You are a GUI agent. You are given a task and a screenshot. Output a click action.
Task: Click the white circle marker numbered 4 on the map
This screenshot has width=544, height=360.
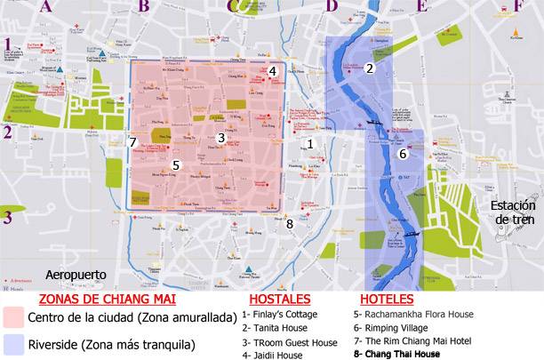[x=273, y=71]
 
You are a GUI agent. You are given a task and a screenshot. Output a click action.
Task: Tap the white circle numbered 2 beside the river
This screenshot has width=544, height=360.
[x=370, y=68]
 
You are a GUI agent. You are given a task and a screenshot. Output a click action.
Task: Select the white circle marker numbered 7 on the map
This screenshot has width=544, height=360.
[x=132, y=142]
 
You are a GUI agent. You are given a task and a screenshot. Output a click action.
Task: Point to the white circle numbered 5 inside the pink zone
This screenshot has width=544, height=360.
[x=176, y=165]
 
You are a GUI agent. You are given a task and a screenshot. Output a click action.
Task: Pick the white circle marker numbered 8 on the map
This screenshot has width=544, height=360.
[x=289, y=223]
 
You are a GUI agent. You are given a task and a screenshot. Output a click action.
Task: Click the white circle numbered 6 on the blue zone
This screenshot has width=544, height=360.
[x=402, y=154]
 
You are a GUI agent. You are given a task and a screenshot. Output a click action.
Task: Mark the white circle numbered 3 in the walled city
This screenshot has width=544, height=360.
[x=221, y=138]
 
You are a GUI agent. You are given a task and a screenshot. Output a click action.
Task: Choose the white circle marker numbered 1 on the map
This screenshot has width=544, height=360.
[x=310, y=143]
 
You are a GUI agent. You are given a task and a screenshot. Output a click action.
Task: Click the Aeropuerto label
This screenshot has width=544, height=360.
[x=76, y=275]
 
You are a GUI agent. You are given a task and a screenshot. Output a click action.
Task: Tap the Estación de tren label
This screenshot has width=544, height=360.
[x=513, y=212]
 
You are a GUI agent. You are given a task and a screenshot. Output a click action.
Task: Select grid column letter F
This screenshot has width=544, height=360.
[x=518, y=6]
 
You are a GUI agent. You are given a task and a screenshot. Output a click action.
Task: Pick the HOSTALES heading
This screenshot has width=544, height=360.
[x=279, y=300]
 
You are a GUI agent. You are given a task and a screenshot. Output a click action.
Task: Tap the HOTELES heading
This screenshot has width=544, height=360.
[x=387, y=300]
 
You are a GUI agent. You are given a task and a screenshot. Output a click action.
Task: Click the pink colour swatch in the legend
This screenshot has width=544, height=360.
[x=13, y=317]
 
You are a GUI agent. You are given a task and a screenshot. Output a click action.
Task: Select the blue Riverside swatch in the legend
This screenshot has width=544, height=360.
[x=13, y=343]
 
